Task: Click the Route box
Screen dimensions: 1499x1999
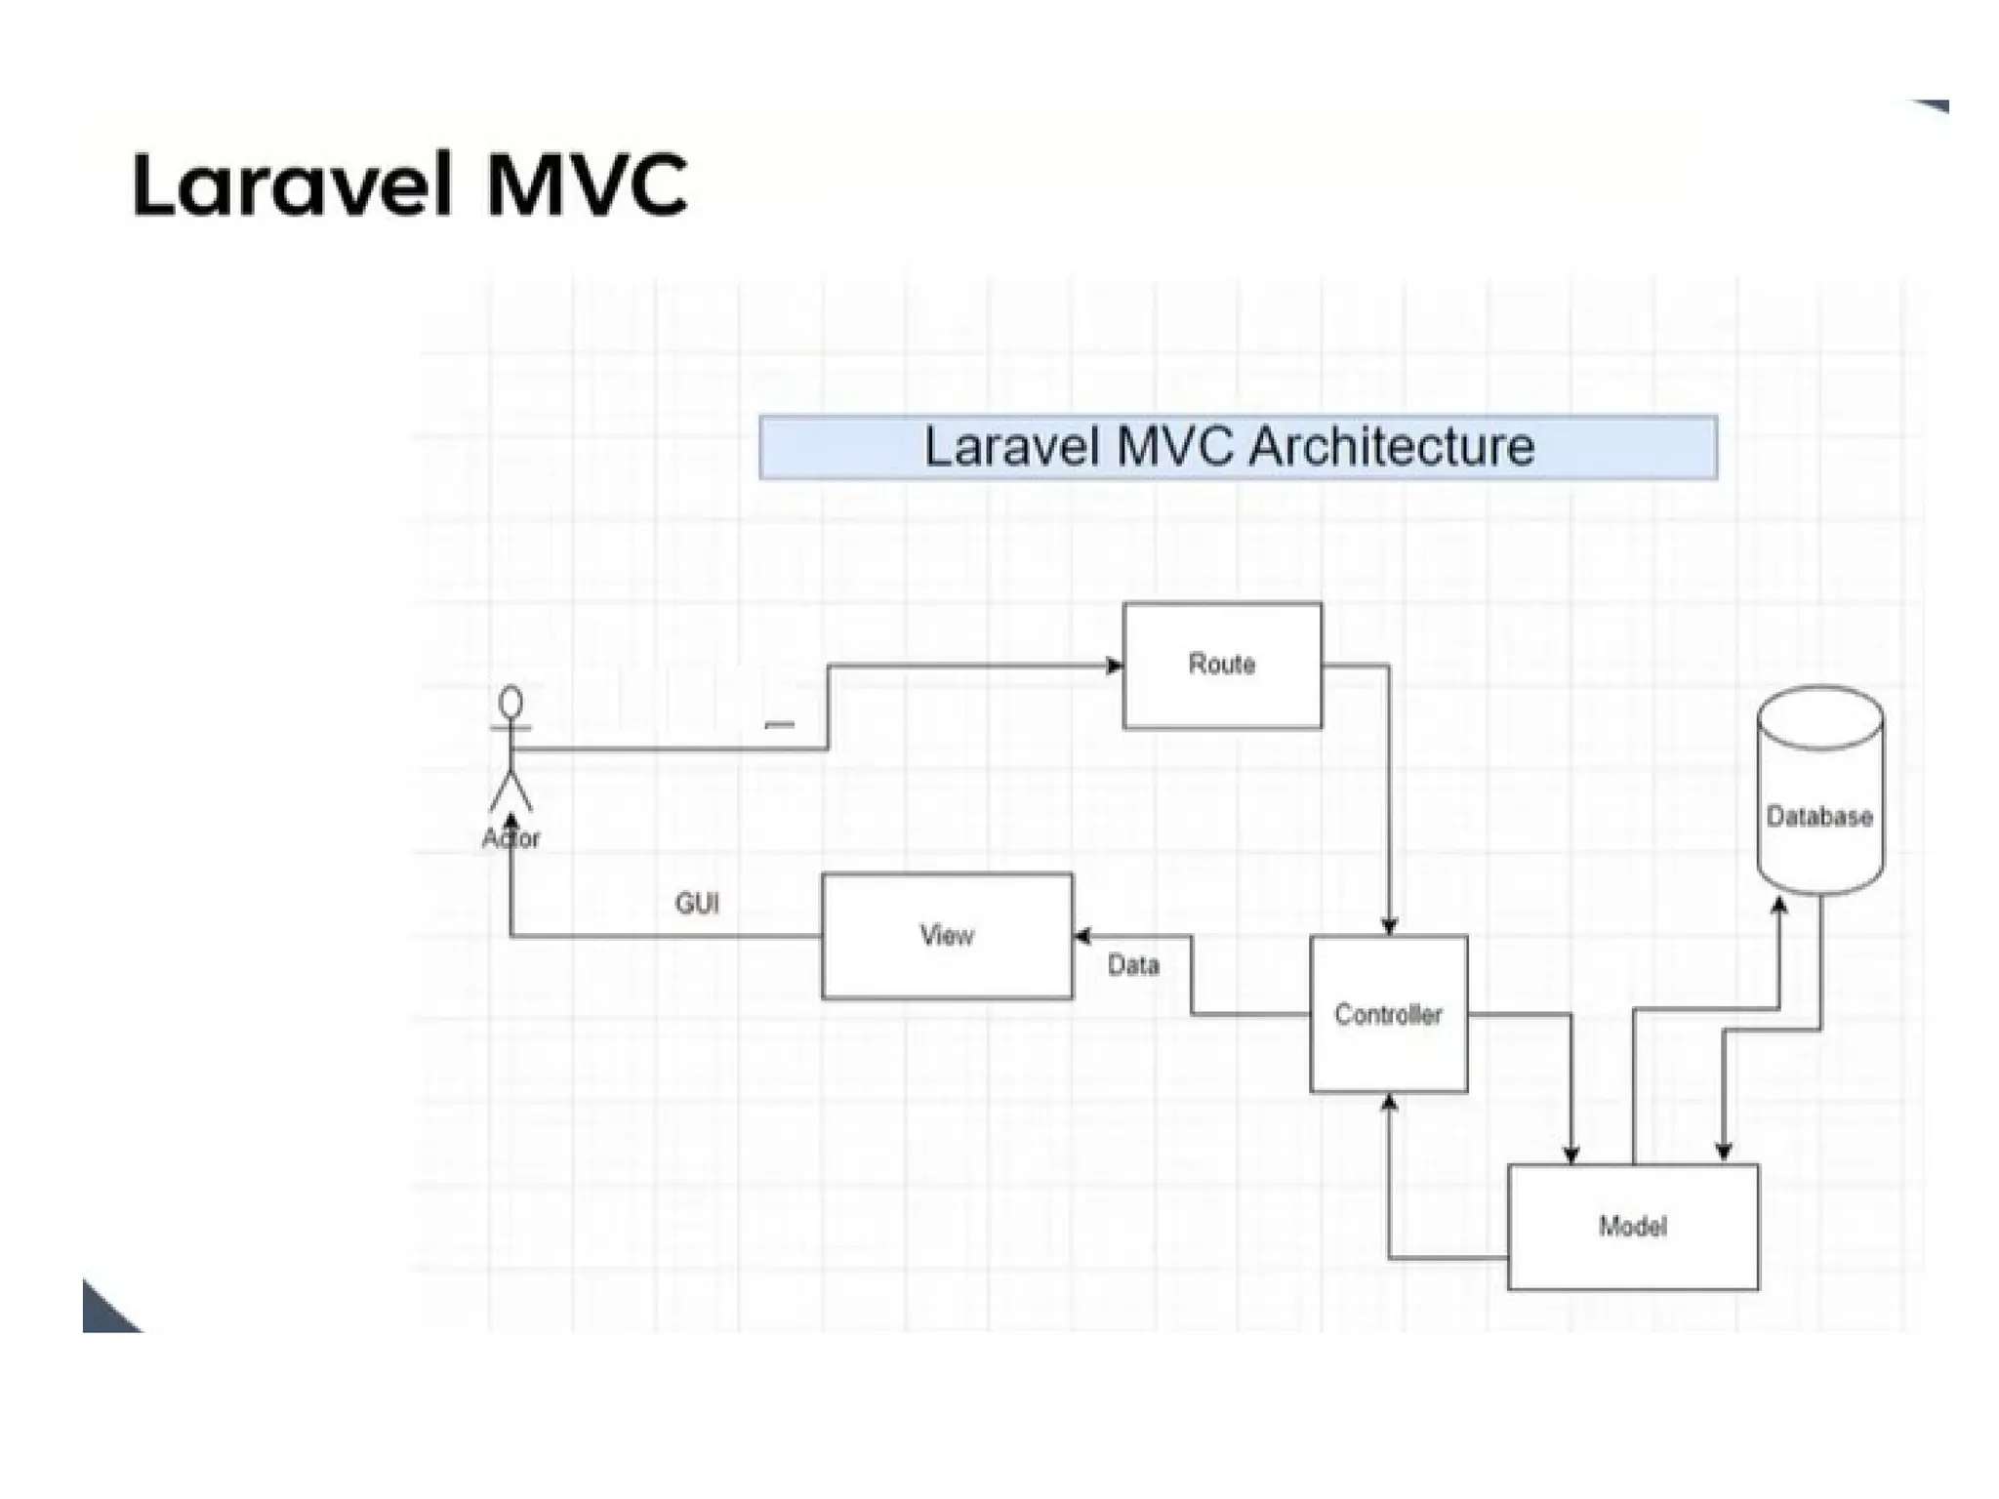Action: pos(1222,666)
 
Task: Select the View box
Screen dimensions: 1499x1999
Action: pos(946,936)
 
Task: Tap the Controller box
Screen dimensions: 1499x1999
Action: pos(1388,1014)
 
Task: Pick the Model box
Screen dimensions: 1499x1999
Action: pos(1632,1227)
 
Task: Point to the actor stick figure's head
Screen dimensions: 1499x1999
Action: pos(510,703)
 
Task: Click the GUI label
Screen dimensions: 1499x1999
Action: pos(697,904)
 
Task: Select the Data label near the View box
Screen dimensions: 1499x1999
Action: pos(1133,966)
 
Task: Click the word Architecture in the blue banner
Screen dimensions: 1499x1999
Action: pos(1391,447)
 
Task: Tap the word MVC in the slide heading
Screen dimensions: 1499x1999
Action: pos(587,185)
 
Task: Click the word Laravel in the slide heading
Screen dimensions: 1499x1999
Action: pos(293,185)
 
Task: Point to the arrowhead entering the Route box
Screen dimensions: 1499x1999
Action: pos(1114,666)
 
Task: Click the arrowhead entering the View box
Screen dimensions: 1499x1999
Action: pos(1082,937)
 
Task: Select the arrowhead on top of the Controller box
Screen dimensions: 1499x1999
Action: pos(1389,926)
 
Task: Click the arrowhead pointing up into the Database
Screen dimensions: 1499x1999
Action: pos(1778,905)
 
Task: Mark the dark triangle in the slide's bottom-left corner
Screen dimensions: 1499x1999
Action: pos(105,1312)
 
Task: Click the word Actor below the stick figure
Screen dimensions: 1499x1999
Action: pos(510,838)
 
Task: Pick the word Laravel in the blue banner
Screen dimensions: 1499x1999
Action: pos(1012,447)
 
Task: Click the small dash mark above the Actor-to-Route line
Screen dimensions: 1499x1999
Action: pos(779,725)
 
